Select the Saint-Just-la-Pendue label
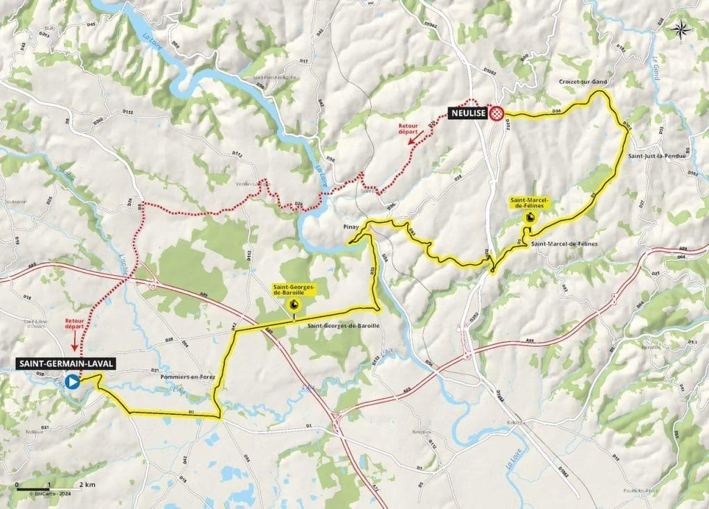[656, 156]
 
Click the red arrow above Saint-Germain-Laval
[75, 338]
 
